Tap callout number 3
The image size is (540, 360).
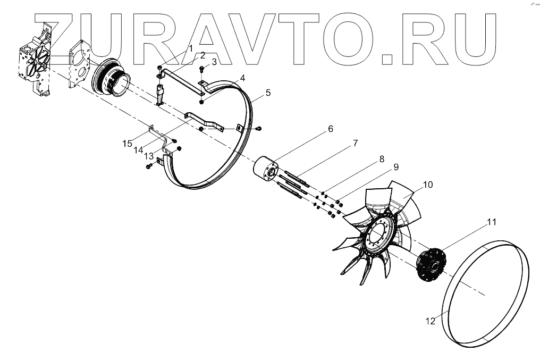point(214,62)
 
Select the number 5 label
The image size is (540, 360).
point(268,93)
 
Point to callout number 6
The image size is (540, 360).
point(330,129)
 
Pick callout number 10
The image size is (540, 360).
point(428,185)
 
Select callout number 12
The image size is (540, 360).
point(430,321)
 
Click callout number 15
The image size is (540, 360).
point(127,144)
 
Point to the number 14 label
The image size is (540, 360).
point(139,150)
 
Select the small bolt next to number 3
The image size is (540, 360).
point(202,69)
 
